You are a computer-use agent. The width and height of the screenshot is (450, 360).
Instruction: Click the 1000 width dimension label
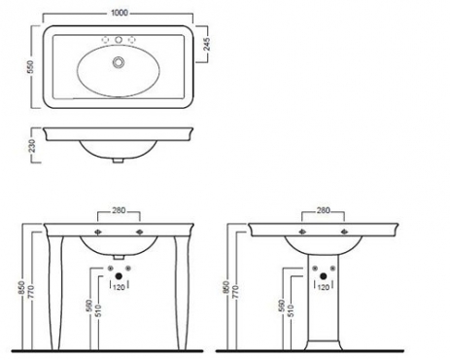[x=120, y=13]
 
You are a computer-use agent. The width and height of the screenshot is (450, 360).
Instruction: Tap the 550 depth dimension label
[x=31, y=66]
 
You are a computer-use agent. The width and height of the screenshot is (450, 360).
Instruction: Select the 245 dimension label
[x=207, y=44]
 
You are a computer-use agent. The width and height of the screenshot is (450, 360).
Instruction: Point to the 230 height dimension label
[x=31, y=146]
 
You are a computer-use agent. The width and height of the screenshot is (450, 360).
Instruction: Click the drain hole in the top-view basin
[x=119, y=61]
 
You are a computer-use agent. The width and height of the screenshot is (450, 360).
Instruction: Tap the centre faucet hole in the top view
[x=119, y=40]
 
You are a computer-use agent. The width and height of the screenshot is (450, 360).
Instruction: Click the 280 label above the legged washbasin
[x=119, y=210]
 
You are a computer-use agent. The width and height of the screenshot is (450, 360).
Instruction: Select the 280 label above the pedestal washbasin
[x=323, y=210]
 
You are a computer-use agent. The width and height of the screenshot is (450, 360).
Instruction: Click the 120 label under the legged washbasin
[x=119, y=287]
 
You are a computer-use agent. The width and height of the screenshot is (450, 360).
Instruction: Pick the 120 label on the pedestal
[x=324, y=287]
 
